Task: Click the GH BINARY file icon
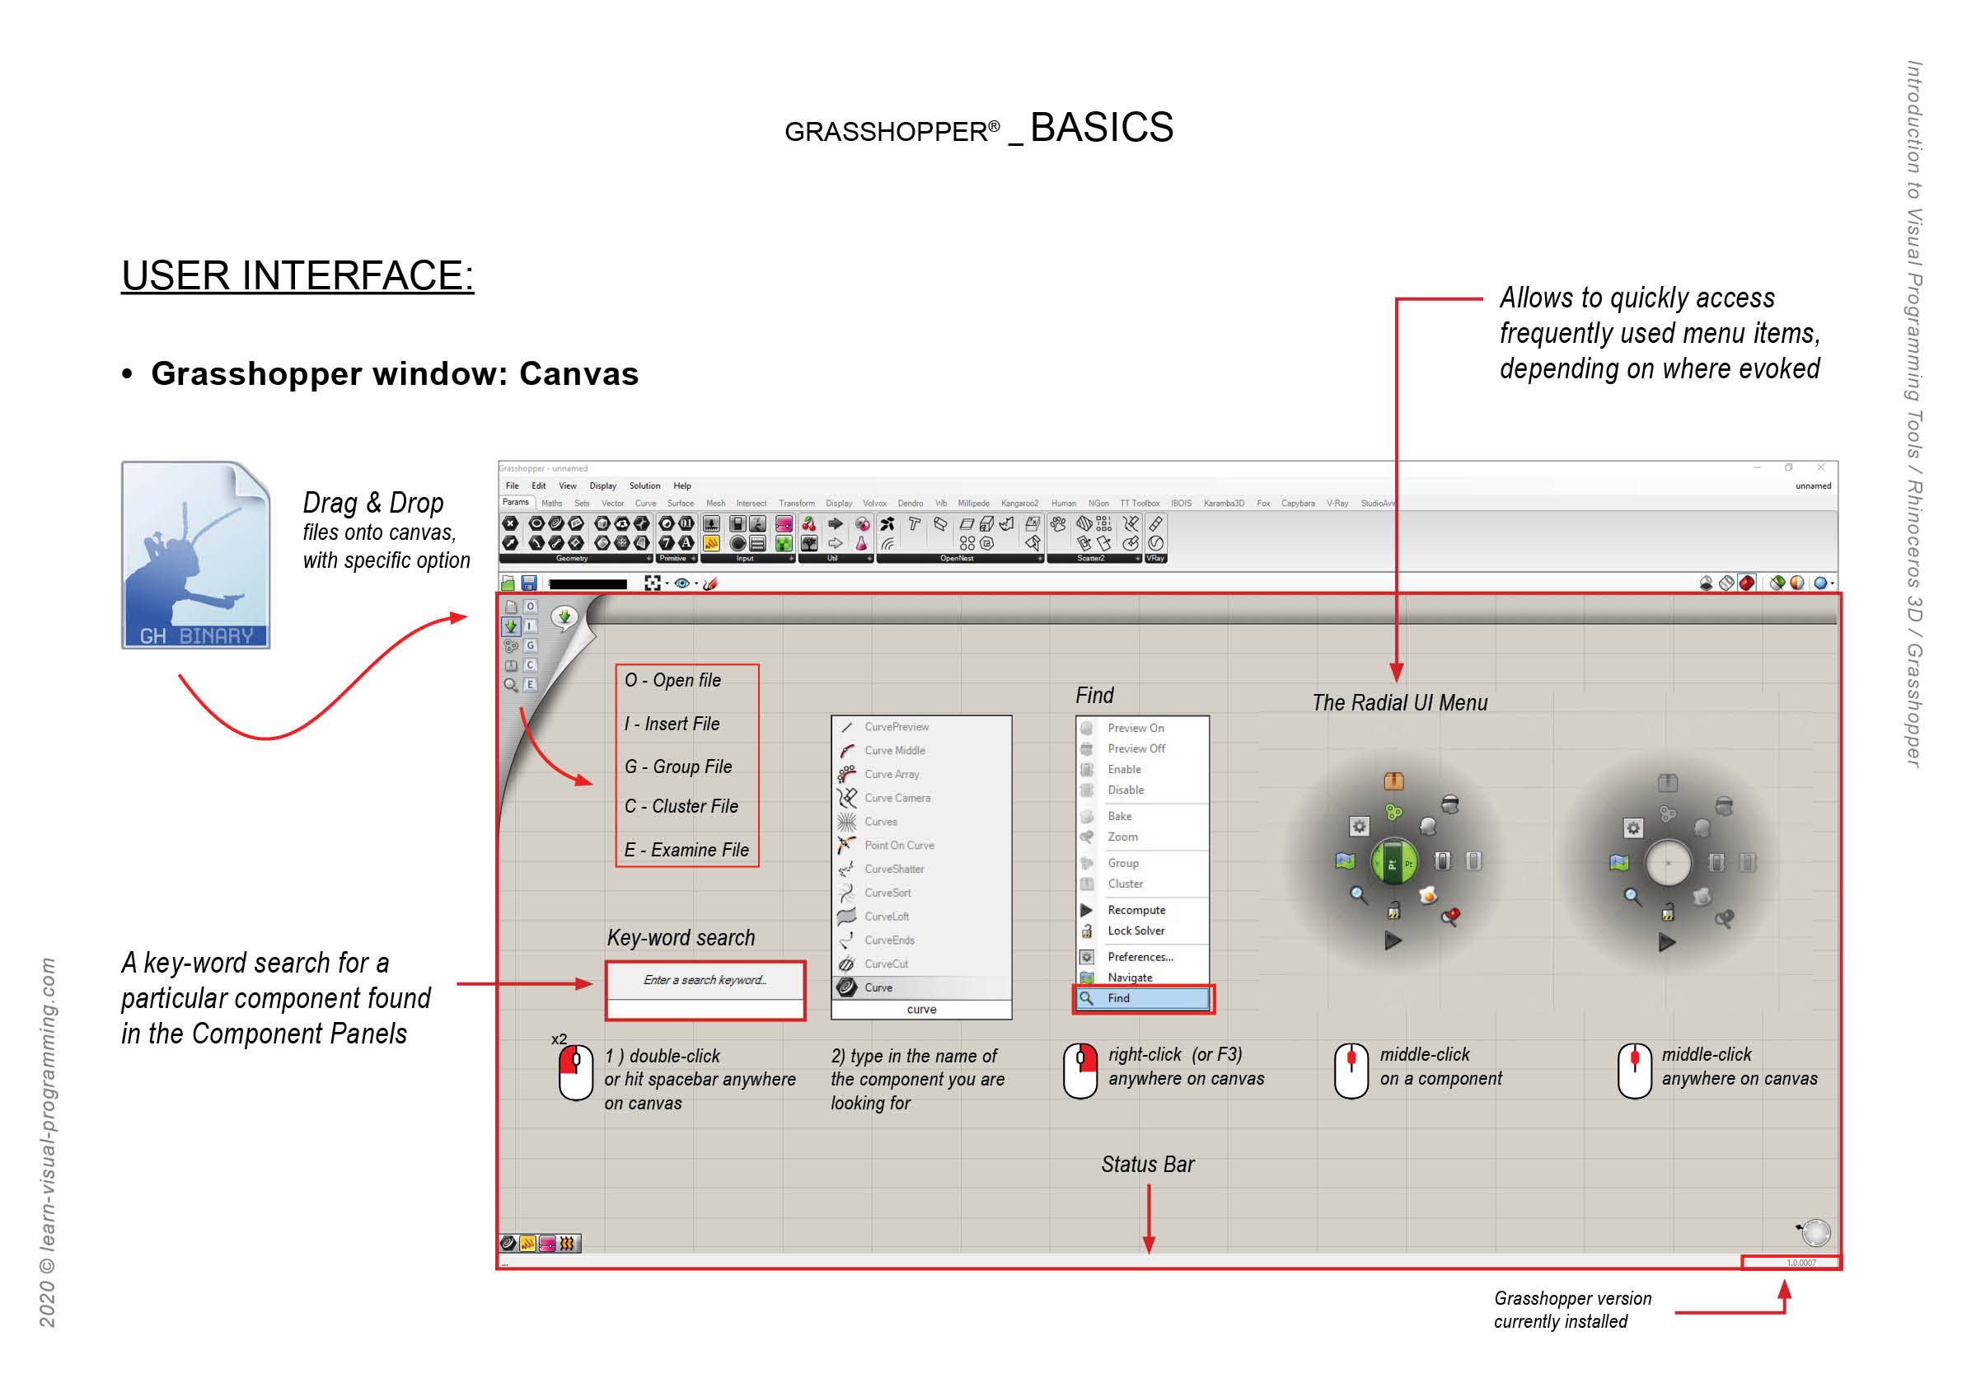coord(195,555)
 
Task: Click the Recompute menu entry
coord(1136,910)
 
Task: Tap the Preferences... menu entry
coord(1140,956)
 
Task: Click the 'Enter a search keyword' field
coord(705,980)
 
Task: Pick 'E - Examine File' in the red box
coord(686,850)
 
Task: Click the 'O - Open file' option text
coord(672,680)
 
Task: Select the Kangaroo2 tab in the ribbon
coord(1018,504)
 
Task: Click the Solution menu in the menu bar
coord(644,485)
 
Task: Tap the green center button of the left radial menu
coord(1393,862)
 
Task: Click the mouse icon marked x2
coord(575,1071)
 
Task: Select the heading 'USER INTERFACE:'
coord(297,276)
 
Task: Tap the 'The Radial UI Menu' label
coord(1399,702)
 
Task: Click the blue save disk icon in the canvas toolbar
coord(529,583)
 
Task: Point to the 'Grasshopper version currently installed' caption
coord(1571,1310)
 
